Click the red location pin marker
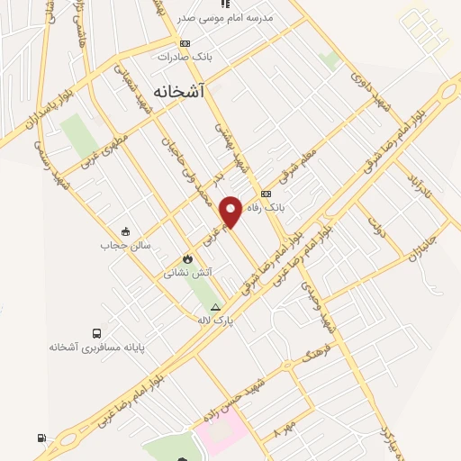(231, 211)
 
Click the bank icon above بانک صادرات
(185, 42)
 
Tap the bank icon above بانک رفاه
(266, 194)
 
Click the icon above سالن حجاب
(125, 230)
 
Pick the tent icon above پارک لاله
(215, 306)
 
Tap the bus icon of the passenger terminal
(96, 332)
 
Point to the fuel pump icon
(41, 438)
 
